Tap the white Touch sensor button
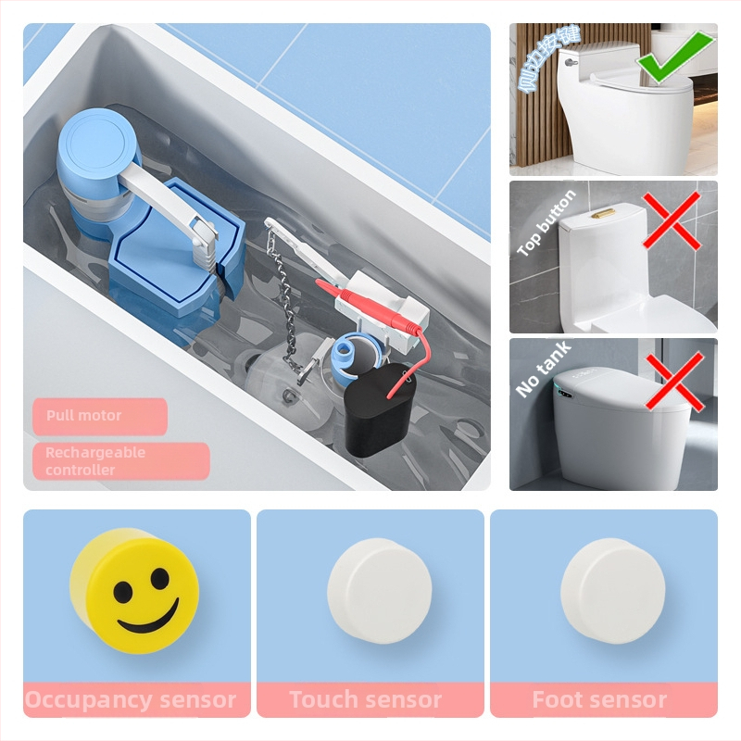coord(379,590)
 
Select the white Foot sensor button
coord(612,590)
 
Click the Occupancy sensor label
coord(131,700)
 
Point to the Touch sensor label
coord(365,700)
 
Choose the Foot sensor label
coord(599,700)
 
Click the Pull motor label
coord(84,416)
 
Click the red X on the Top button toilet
coord(672,223)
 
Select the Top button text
coord(546,222)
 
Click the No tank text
coord(544,369)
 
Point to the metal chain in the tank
coord(282,306)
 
